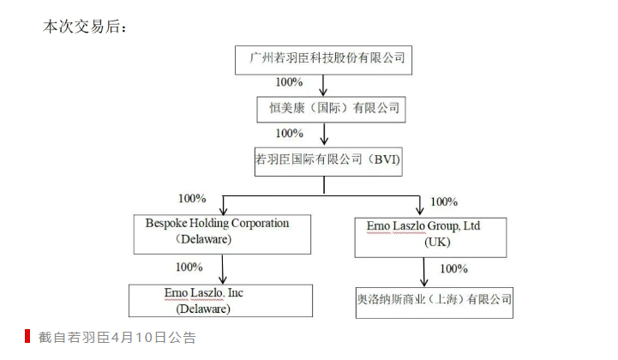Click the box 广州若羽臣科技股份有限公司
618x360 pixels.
pyautogui.click(x=325, y=60)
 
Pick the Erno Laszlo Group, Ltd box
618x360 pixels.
pyautogui.click(x=430, y=236)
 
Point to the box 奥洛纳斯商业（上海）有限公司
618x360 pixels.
pyautogui.click(x=435, y=301)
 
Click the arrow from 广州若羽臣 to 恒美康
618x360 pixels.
pyautogui.click(x=324, y=85)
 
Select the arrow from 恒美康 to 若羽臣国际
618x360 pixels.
pyautogui.click(x=324, y=134)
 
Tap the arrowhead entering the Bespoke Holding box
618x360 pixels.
pyautogui.click(x=223, y=209)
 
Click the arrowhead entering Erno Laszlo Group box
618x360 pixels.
pyautogui.click(x=421, y=211)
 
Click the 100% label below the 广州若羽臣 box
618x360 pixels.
pyautogui.click(x=289, y=82)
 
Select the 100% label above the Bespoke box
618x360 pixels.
pyautogui.click(x=192, y=199)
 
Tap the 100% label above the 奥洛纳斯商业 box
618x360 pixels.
pyautogui.click(x=453, y=269)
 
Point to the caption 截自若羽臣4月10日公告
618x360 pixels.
pyautogui.click(x=117, y=338)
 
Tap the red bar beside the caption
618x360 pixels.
pyautogui.click(x=27, y=337)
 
